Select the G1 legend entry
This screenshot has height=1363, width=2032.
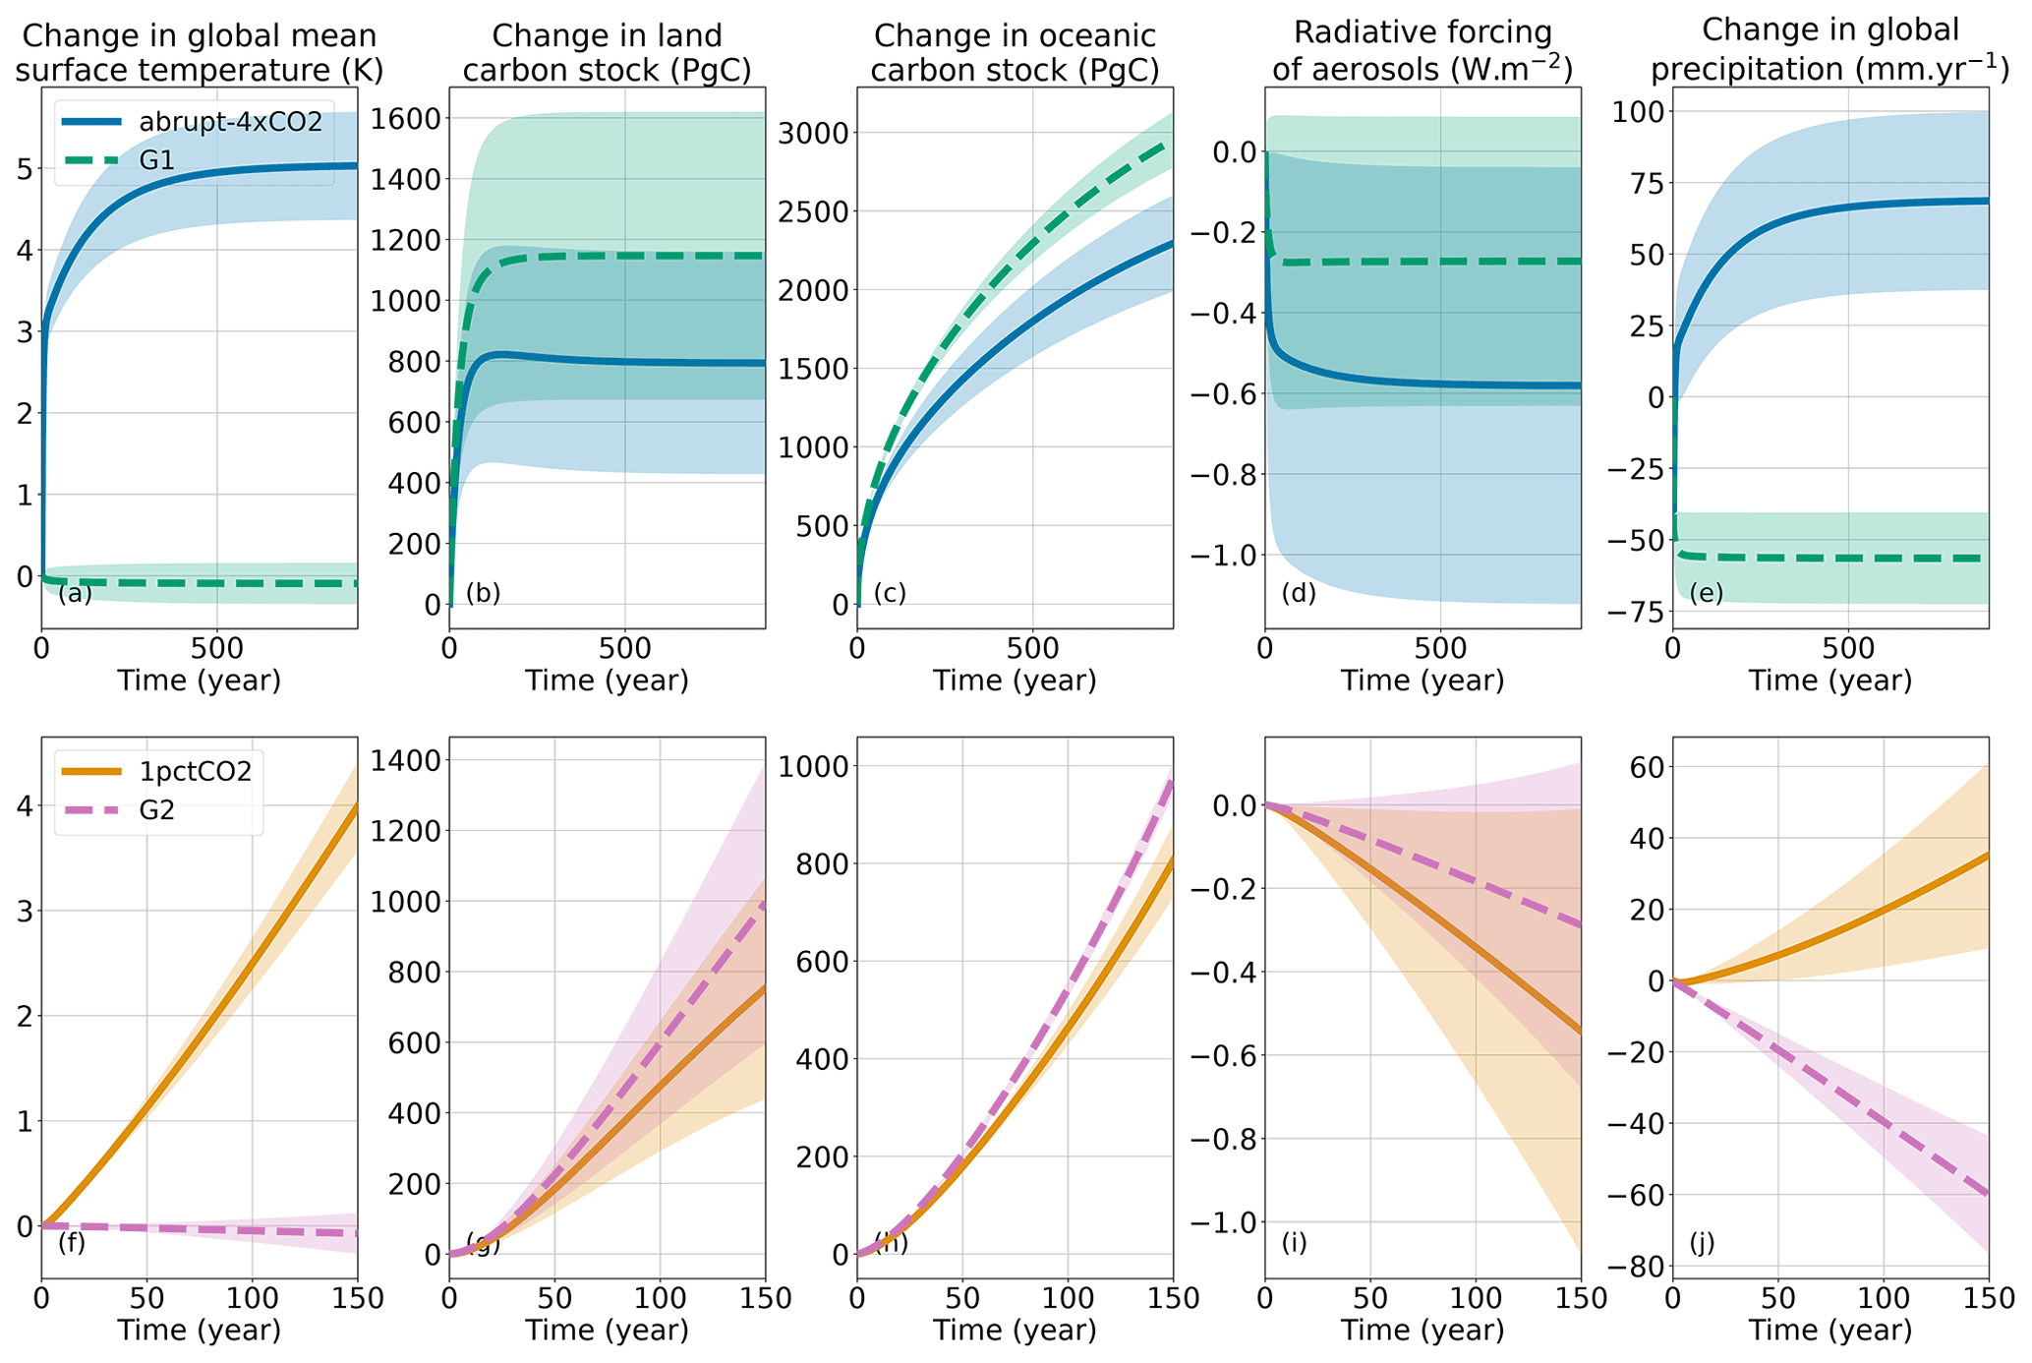(157, 159)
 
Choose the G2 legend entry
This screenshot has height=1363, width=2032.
(157, 811)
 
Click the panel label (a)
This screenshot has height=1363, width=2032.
(75, 594)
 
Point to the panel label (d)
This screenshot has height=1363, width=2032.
(1299, 594)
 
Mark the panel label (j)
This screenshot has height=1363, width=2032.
(1702, 1243)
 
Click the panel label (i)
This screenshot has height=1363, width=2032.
(1294, 1243)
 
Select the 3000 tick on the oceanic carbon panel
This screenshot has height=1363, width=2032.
(813, 133)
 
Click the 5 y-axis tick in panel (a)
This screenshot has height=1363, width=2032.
(24, 169)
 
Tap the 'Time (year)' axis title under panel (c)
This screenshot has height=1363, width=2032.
(1015, 681)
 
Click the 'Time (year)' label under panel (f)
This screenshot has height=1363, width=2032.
(199, 1331)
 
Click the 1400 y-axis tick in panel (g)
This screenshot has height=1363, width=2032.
(405, 760)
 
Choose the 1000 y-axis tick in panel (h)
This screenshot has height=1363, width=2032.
(813, 766)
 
